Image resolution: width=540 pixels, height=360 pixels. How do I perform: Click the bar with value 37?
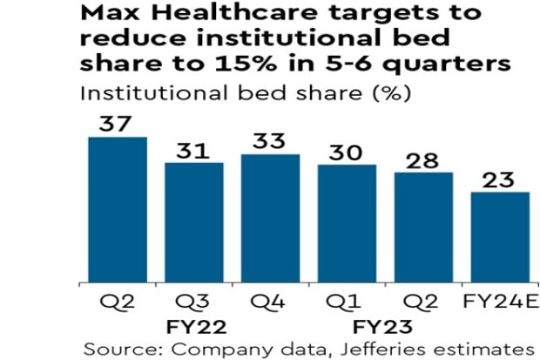click(x=118, y=210)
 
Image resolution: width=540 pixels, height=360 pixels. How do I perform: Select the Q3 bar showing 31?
click(x=194, y=223)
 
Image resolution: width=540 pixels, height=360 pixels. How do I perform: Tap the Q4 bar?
click(x=270, y=219)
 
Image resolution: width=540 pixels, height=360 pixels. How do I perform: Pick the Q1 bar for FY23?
click(x=347, y=224)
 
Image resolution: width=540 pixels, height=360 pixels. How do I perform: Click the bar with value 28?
click(x=422, y=228)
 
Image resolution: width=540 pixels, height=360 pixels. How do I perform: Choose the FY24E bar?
click(x=499, y=238)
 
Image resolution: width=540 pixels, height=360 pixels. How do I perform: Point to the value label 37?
click(x=118, y=123)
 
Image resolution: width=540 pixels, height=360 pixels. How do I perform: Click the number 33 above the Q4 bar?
click(x=270, y=140)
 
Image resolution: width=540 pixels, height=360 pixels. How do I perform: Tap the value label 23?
click(x=499, y=179)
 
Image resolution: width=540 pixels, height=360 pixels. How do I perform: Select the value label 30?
click(x=347, y=150)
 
